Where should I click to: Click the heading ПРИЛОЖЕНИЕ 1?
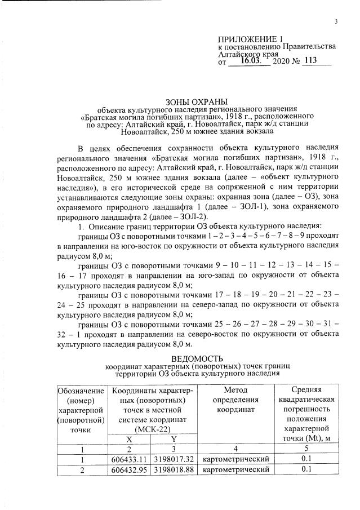point(250,39)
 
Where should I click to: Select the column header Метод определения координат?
point(235,400)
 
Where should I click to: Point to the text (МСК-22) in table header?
point(152,429)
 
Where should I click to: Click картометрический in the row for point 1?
point(235,459)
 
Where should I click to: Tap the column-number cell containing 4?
point(235,449)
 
